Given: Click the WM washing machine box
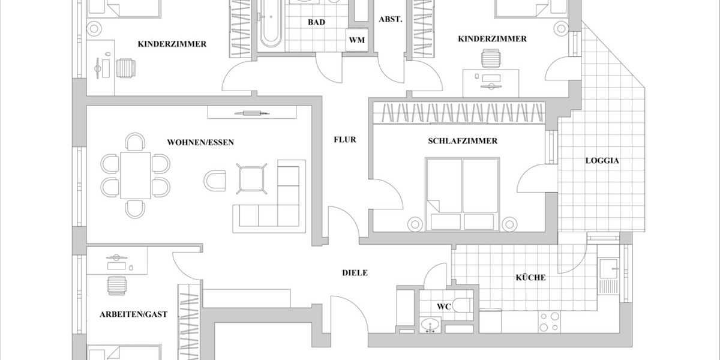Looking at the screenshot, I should [x=356, y=40].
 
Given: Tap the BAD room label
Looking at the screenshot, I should [x=316, y=22].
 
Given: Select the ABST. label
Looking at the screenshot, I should [x=390, y=19].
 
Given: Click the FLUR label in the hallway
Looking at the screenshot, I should [x=345, y=140].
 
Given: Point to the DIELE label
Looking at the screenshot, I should [x=355, y=272].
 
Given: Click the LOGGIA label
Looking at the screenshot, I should [x=602, y=161].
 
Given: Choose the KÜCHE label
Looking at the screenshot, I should [x=530, y=277].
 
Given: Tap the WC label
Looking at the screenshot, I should [x=443, y=306].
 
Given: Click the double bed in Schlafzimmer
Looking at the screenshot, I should [x=462, y=193].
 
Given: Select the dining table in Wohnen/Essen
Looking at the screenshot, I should [x=135, y=175].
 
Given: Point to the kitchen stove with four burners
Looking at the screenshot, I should [x=551, y=322].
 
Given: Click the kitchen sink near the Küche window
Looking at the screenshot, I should [x=610, y=274].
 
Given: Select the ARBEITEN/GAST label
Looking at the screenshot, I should [x=133, y=314].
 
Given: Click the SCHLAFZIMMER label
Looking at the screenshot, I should [x=463, y=141].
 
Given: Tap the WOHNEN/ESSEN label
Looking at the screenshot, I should [x=200, y=142].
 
